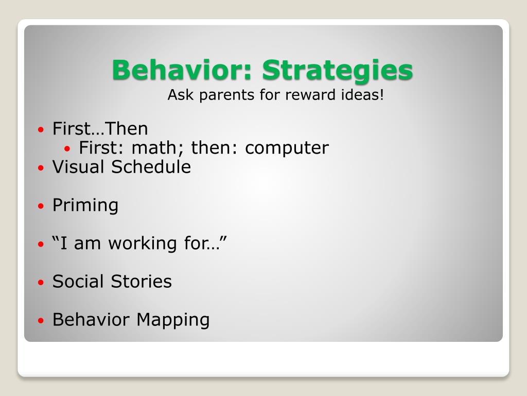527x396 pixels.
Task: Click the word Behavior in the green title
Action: [x=182, y=70]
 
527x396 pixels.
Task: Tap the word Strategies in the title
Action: [x=338, y=70]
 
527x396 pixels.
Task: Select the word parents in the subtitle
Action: [x=227, y=95]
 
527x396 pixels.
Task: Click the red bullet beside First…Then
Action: [x=41, y=129]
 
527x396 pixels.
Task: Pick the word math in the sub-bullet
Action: [x=154, y=147]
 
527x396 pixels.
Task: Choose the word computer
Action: [x=287, y=148]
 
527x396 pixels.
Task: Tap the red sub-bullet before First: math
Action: [x=67, y=148]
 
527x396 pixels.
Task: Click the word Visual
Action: [x=78, y=167]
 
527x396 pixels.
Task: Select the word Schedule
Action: [x=151, y=167]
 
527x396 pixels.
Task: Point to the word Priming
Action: [x=85, y=206]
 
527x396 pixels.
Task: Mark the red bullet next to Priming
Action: [x=41, y=206]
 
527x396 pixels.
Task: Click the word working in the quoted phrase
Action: [x=143, y=244]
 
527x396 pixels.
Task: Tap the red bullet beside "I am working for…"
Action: [x=41, y=244]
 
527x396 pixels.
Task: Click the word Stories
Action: [x=142, y=282]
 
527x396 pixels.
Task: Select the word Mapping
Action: [x=173, y=320]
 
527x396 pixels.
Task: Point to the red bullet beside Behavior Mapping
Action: [x=41, y=320]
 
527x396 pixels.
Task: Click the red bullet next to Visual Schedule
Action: [x=41, y=168]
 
